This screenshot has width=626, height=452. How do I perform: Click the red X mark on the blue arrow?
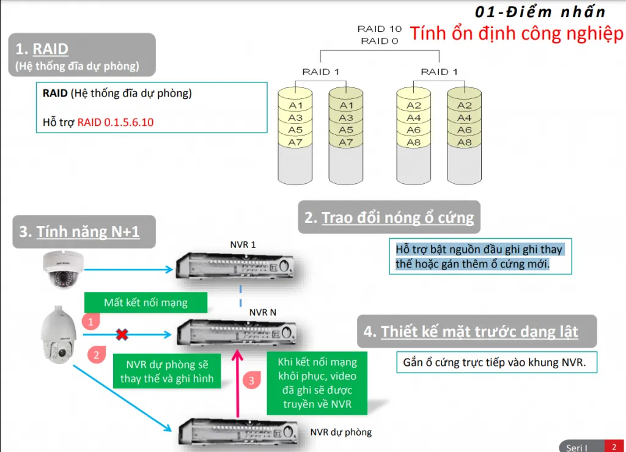(x=122, y=334)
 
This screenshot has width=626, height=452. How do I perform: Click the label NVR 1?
(x=243, y=245)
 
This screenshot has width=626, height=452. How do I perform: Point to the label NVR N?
(x=262, y=312)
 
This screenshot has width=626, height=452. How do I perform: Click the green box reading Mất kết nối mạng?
(x=145, y=302)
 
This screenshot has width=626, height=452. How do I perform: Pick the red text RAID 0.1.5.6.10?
(x=115, y=122)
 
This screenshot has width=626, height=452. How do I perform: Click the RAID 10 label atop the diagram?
(x=379, y=29)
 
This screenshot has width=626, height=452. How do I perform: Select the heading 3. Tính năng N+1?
(x=79, y=232)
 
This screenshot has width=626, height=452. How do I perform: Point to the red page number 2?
(x=613, y=447)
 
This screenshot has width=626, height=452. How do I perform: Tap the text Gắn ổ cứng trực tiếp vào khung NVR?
(x=495, y=362)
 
